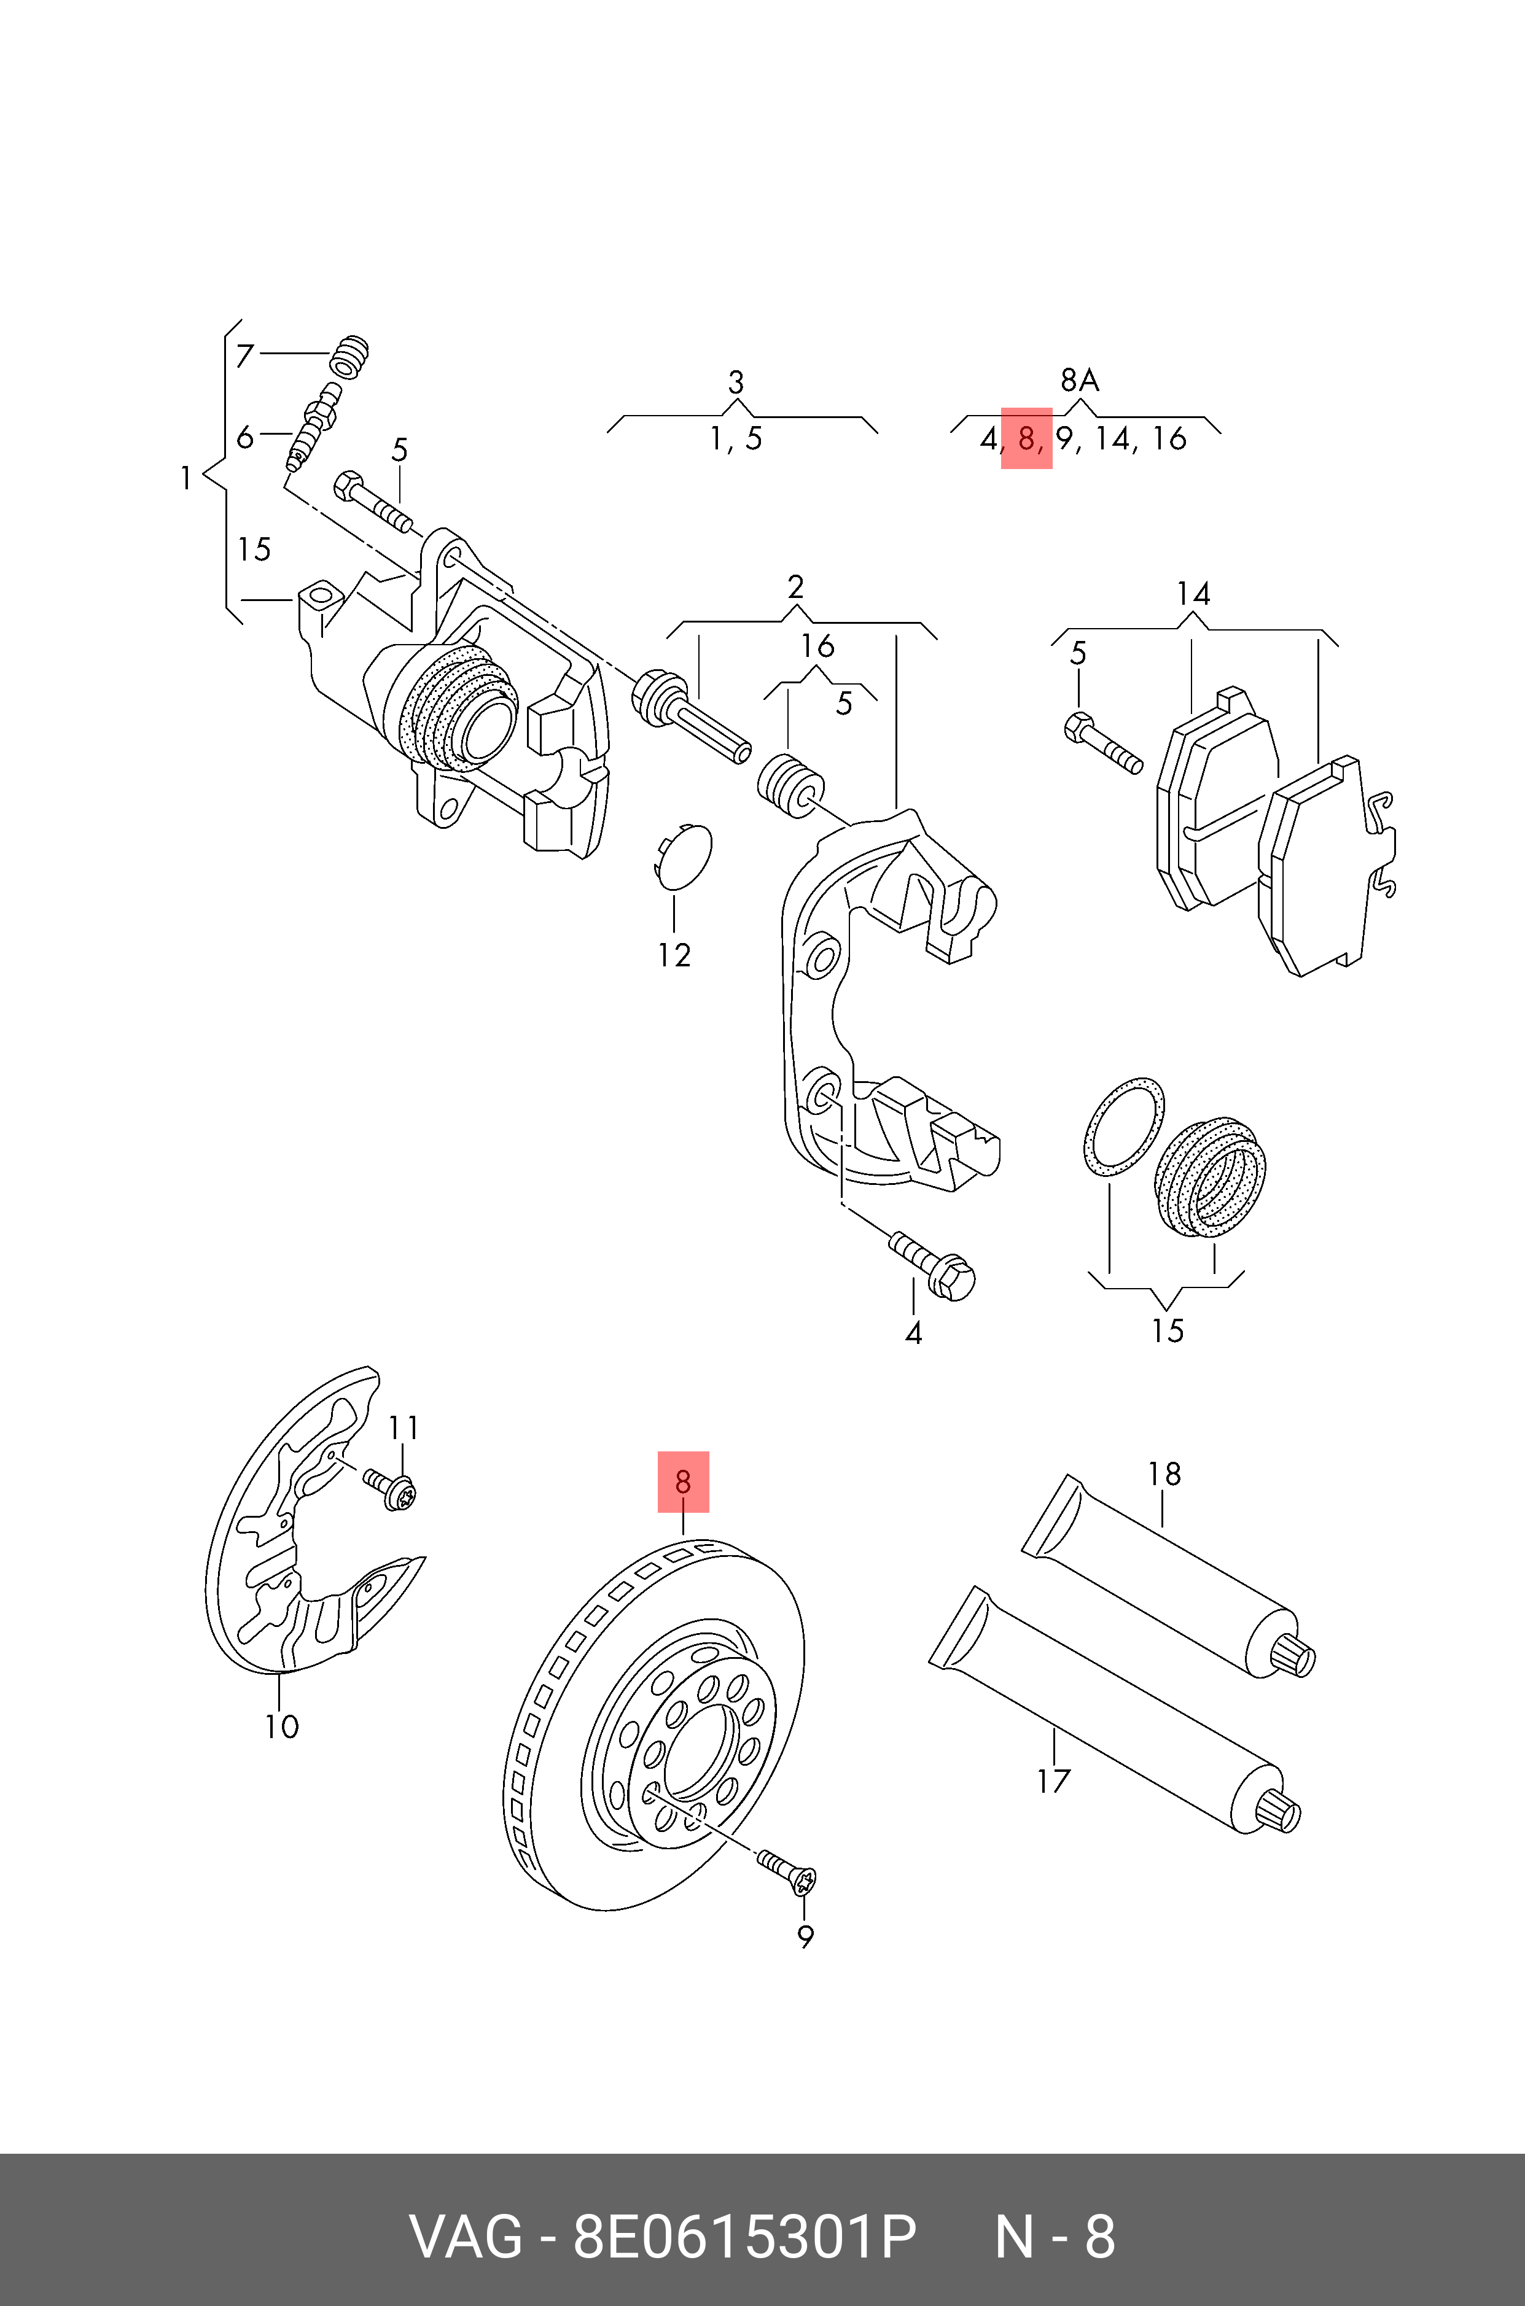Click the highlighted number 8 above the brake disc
tap(683, 1481)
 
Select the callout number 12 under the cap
tap(673, 956)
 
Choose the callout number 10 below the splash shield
tap(281, 1726)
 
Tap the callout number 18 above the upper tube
tap(1164, 1474)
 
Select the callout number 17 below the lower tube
tap(1053, 1781)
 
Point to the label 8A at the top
tap(1080, 380)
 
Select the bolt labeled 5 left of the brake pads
tap(1103, 743)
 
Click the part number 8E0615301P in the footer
tap(744, 2238)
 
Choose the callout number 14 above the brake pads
tap(1193, 594)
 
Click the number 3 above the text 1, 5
tap(736, 382)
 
